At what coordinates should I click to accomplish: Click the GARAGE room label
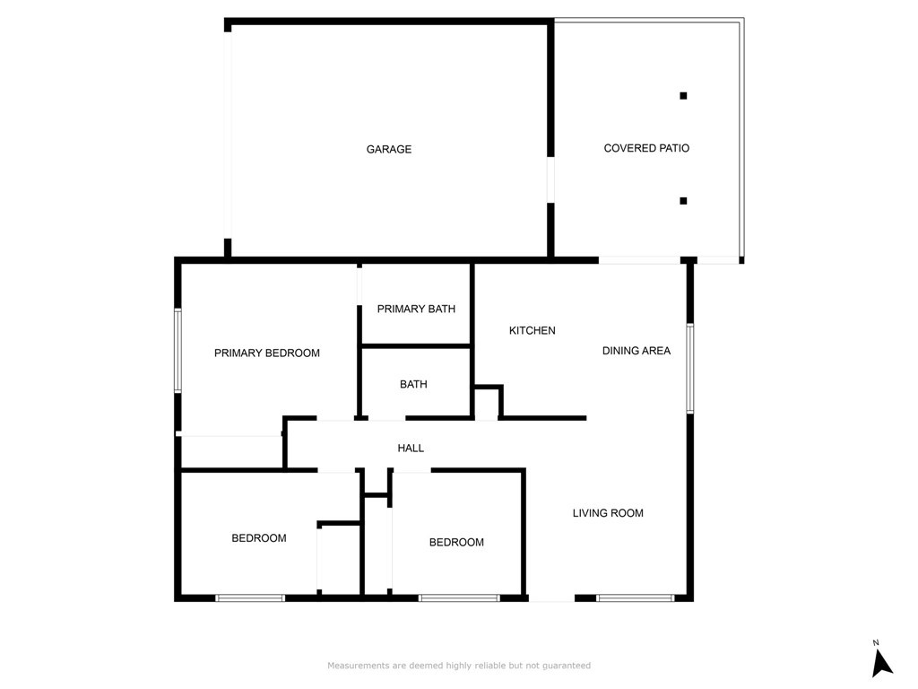pyautogui.click(x=389, y=150)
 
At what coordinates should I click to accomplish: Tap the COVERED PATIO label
pyautogui.click(x=646, y=148)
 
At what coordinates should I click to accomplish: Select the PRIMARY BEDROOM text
pyautogui.click(x=267, y=353)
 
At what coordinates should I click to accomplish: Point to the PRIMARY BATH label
pyautogui.click(x=416, y=309)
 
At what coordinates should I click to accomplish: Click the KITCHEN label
pyautogui.click(x=533, y=330)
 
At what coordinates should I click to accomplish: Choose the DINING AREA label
pyautogui.click(x=637, y=351)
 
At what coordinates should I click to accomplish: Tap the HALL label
pyautogui.click(x=411, y=449)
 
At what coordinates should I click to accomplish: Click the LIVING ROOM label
pyautogui.click(x=608, y=513)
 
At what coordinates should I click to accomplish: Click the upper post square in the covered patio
pyautogui.click(x=683, y=95)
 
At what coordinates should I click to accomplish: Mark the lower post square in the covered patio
pyautogui.click(x=683, y=201)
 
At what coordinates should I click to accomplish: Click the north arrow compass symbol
pyautogui.click(x=882, y=664)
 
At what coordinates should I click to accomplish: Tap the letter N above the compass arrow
pyautogui.click(x=876, y=642)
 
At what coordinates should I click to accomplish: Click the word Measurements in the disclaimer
pyautogui.click(x=359, y=666)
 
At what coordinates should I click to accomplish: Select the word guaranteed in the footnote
pyautogui.click(x=567, y=667)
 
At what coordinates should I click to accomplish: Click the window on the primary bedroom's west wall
pyautogui.click(x=178, y=351)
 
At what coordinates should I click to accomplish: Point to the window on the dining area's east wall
pyautogui.click(x=690, y=369)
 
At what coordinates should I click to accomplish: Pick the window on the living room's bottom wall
pyautogui.click(x=636, y=598)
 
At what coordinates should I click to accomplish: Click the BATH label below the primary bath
pyautogui.click(x=413, y=384)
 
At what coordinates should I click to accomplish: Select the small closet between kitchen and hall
pyautogui.click(x=487, y=403)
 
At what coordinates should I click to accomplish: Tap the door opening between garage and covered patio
pyautogui.click(x=550, y=179)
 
